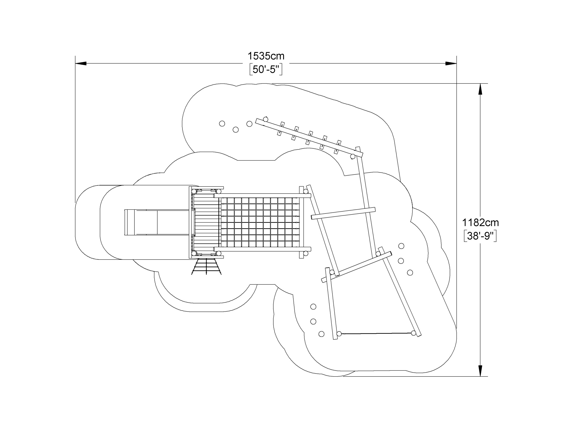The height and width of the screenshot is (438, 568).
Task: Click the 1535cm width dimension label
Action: [266, 56]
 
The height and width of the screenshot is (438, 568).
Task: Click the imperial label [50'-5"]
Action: [266, 70]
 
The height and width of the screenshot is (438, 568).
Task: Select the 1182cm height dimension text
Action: [480, 223]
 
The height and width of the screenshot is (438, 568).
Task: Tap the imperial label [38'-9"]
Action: [480, 236]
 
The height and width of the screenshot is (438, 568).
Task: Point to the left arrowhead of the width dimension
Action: [81, 63]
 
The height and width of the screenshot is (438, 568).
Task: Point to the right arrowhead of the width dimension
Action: [451, 63]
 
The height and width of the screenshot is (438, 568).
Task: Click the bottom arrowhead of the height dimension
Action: [480, 371]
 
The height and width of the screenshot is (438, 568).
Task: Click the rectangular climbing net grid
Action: [260, 222]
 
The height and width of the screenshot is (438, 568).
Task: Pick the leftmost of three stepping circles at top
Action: [222, 124]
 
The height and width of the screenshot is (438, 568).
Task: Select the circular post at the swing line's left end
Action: [339, 334]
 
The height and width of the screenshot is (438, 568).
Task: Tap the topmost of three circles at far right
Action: [401, 246]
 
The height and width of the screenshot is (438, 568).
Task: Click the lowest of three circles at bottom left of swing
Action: [321, 334]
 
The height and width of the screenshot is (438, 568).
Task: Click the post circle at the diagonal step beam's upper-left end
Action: [265, 119]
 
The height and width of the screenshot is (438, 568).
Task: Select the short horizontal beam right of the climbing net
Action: [343, 213]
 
